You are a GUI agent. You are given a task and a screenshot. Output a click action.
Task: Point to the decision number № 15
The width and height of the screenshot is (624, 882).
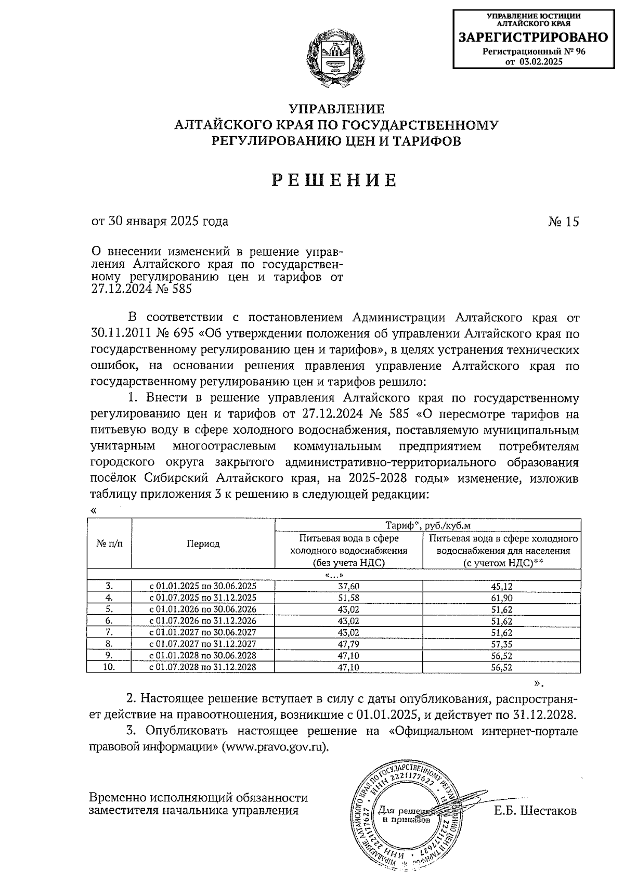coord(563,222)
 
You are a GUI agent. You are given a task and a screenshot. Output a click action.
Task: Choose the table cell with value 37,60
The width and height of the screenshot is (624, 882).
coord(348,586)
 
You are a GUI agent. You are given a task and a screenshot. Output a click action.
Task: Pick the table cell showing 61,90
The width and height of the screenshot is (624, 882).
coord(501,598)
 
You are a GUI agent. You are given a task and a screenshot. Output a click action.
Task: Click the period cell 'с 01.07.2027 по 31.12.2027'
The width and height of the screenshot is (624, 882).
coord(203,644)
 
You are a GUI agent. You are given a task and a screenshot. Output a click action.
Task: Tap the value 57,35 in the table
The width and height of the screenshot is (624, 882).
coord(501,644)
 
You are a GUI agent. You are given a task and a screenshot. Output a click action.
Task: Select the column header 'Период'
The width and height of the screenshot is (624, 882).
coord(203,544)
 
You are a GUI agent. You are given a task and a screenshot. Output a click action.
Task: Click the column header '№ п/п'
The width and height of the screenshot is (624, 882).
coord(109,544)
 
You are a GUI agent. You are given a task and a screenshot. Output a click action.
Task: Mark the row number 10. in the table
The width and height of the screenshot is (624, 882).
coord(109,667)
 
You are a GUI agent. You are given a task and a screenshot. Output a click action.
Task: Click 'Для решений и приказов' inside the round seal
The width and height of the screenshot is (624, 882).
coord(404,815)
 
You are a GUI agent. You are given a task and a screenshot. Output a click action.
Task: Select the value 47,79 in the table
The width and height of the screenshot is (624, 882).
coord(348,644)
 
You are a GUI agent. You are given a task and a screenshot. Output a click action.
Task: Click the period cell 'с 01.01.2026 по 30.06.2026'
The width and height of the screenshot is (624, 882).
coord(203,609)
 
